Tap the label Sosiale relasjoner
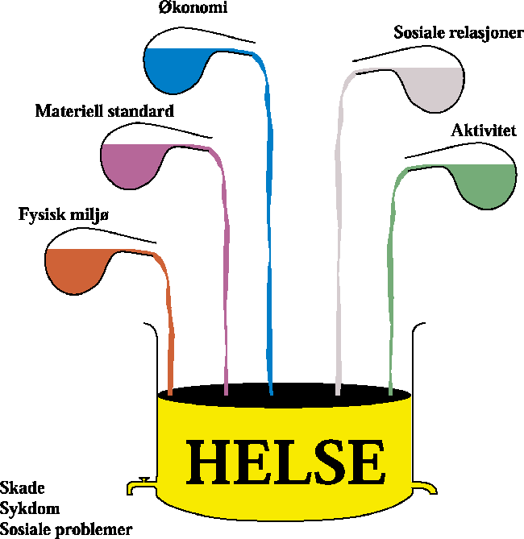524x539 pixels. (x=458, y=34)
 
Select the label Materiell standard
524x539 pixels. (x=105, y=111)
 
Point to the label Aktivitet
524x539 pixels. (x=484, y=131)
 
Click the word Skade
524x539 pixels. (x=23, y=488)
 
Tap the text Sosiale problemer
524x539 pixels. (x=66, y=529)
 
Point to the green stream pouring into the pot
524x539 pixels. (x=393, y=282)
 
